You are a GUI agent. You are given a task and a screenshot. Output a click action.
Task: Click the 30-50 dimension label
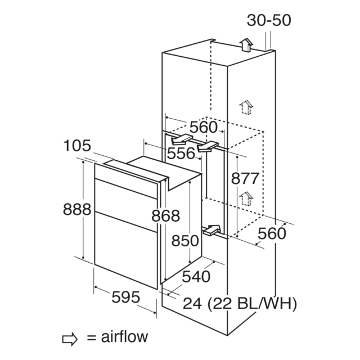269,20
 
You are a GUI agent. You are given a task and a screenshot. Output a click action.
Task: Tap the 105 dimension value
77,146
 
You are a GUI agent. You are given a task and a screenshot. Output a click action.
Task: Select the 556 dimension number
181,154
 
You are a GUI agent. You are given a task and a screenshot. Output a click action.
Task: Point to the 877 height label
245,178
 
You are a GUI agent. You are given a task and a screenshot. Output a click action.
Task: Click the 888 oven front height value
77,209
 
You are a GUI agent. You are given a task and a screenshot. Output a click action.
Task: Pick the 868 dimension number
166,216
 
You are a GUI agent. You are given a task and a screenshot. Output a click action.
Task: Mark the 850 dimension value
185,241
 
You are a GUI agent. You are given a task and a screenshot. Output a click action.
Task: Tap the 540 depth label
196,276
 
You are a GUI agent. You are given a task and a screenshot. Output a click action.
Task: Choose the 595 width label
126,297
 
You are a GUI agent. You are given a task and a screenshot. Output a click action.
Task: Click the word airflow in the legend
124,336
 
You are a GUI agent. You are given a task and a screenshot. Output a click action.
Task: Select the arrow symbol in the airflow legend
70,339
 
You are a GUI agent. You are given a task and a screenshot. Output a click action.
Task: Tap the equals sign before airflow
91,338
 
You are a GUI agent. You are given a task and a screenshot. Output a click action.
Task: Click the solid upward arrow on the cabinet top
246,45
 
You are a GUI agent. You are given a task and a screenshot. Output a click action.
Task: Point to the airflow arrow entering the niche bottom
211,230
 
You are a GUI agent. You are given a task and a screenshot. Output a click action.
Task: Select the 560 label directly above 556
204,128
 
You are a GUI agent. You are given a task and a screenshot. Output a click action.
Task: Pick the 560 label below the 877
272,233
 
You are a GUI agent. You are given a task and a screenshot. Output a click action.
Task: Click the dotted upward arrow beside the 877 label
246,199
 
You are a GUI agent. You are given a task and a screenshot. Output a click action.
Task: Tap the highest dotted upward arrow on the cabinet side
246,107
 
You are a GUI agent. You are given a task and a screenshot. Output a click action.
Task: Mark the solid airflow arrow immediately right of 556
208,146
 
